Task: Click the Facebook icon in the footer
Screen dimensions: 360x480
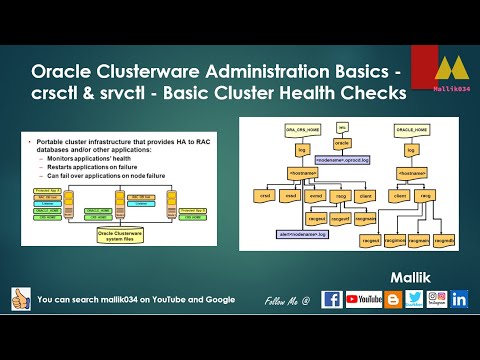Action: point(331,299)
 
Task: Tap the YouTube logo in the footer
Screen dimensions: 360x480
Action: point(364,299)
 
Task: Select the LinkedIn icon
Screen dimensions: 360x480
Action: point(460,299)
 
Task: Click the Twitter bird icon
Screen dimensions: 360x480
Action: point(414,299)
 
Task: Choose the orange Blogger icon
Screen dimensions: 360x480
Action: point(392,299)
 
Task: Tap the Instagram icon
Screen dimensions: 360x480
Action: point(437,299)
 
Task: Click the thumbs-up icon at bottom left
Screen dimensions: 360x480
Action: point(17,299)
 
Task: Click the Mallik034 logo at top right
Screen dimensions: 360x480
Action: point(447,72)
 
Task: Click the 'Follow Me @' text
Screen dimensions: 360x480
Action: point(288,300)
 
